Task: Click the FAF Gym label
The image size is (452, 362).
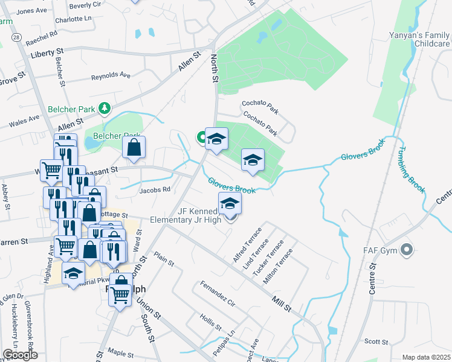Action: (x=380, y=249)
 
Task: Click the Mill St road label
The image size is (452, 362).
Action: (x=281, y=300)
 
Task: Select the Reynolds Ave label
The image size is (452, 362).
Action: (x=111, y=76)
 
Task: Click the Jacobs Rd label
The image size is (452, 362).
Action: (x=155, y=189)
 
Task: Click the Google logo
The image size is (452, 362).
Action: (x=20, y=355)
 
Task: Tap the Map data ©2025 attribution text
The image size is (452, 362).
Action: (x=427, y=357)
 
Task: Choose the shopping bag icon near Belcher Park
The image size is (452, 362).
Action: (x=134, y=147)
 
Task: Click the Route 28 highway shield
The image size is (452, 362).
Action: (x=16, y=37)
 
